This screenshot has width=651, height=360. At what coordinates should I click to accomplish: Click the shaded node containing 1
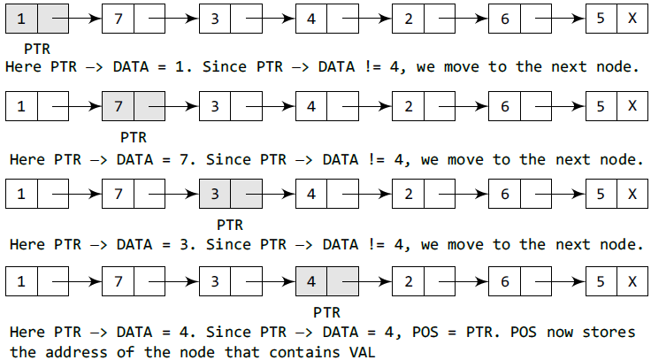(x=36, y=18)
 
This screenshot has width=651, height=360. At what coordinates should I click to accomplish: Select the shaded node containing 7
(x=133, y=106)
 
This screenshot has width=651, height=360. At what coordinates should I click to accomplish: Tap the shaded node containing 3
(x=230, y=195)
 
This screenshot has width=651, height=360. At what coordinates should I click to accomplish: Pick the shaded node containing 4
(x=326, y=282)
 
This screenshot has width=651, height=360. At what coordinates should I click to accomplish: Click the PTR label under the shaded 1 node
(x=36, y=49)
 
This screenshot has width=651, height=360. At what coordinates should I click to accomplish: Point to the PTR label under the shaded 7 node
(x=134, y=137)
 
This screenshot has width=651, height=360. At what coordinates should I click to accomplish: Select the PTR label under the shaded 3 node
(x=230, y=225)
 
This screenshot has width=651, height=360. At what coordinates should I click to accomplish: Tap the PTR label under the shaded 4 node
(x=327, y=312)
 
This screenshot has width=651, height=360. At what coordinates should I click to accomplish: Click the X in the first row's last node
(x=632, y=19)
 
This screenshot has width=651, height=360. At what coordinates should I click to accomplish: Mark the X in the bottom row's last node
(x=632, y=283)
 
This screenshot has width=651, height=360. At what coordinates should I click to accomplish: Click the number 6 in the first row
(x=504, y=19)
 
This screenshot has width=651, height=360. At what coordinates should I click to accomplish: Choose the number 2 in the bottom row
(x=408, y=283)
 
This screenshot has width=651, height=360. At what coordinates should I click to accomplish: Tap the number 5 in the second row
(x=601, y=107)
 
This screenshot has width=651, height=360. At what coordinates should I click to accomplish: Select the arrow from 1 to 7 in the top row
(x=84, y=19)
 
